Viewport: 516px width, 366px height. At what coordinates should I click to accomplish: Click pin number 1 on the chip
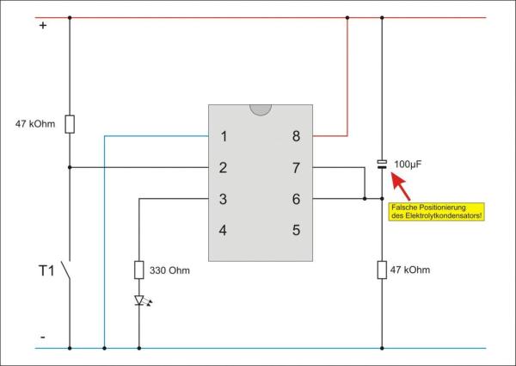click(x=224, y=136)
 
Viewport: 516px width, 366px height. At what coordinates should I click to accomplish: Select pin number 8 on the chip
click(x=296, y=136)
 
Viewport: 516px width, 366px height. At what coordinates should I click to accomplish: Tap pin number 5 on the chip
click(x=296, y=230)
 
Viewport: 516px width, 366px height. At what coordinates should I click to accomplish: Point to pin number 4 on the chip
click(x=224, y=230)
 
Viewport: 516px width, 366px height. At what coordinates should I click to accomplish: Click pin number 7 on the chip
click(x=296, y=167)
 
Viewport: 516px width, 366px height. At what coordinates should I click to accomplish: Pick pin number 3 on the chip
click(x=224, y=199)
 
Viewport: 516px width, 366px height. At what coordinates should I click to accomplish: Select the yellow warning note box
click(x=437, y=210)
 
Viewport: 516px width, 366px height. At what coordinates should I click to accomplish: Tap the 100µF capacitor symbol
click(x=383, y=162)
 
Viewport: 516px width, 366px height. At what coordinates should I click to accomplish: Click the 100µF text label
click(x=409, y=163)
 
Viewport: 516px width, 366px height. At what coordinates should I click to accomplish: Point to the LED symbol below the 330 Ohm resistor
click(x=138, y=301)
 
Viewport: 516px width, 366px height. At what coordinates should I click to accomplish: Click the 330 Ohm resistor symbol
click(x=138, y=270)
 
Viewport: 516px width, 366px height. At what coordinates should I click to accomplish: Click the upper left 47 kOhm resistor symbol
click(x=70, y=124)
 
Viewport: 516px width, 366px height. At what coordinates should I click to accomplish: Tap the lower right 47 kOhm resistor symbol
click(x=383, y=270)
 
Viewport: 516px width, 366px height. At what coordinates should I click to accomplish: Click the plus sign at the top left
click(x=43, y=27)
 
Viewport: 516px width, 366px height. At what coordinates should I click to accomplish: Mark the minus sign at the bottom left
click(x=43, y=337)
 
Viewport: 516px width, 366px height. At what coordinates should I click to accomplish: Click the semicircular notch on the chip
click(x=260, y=110)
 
